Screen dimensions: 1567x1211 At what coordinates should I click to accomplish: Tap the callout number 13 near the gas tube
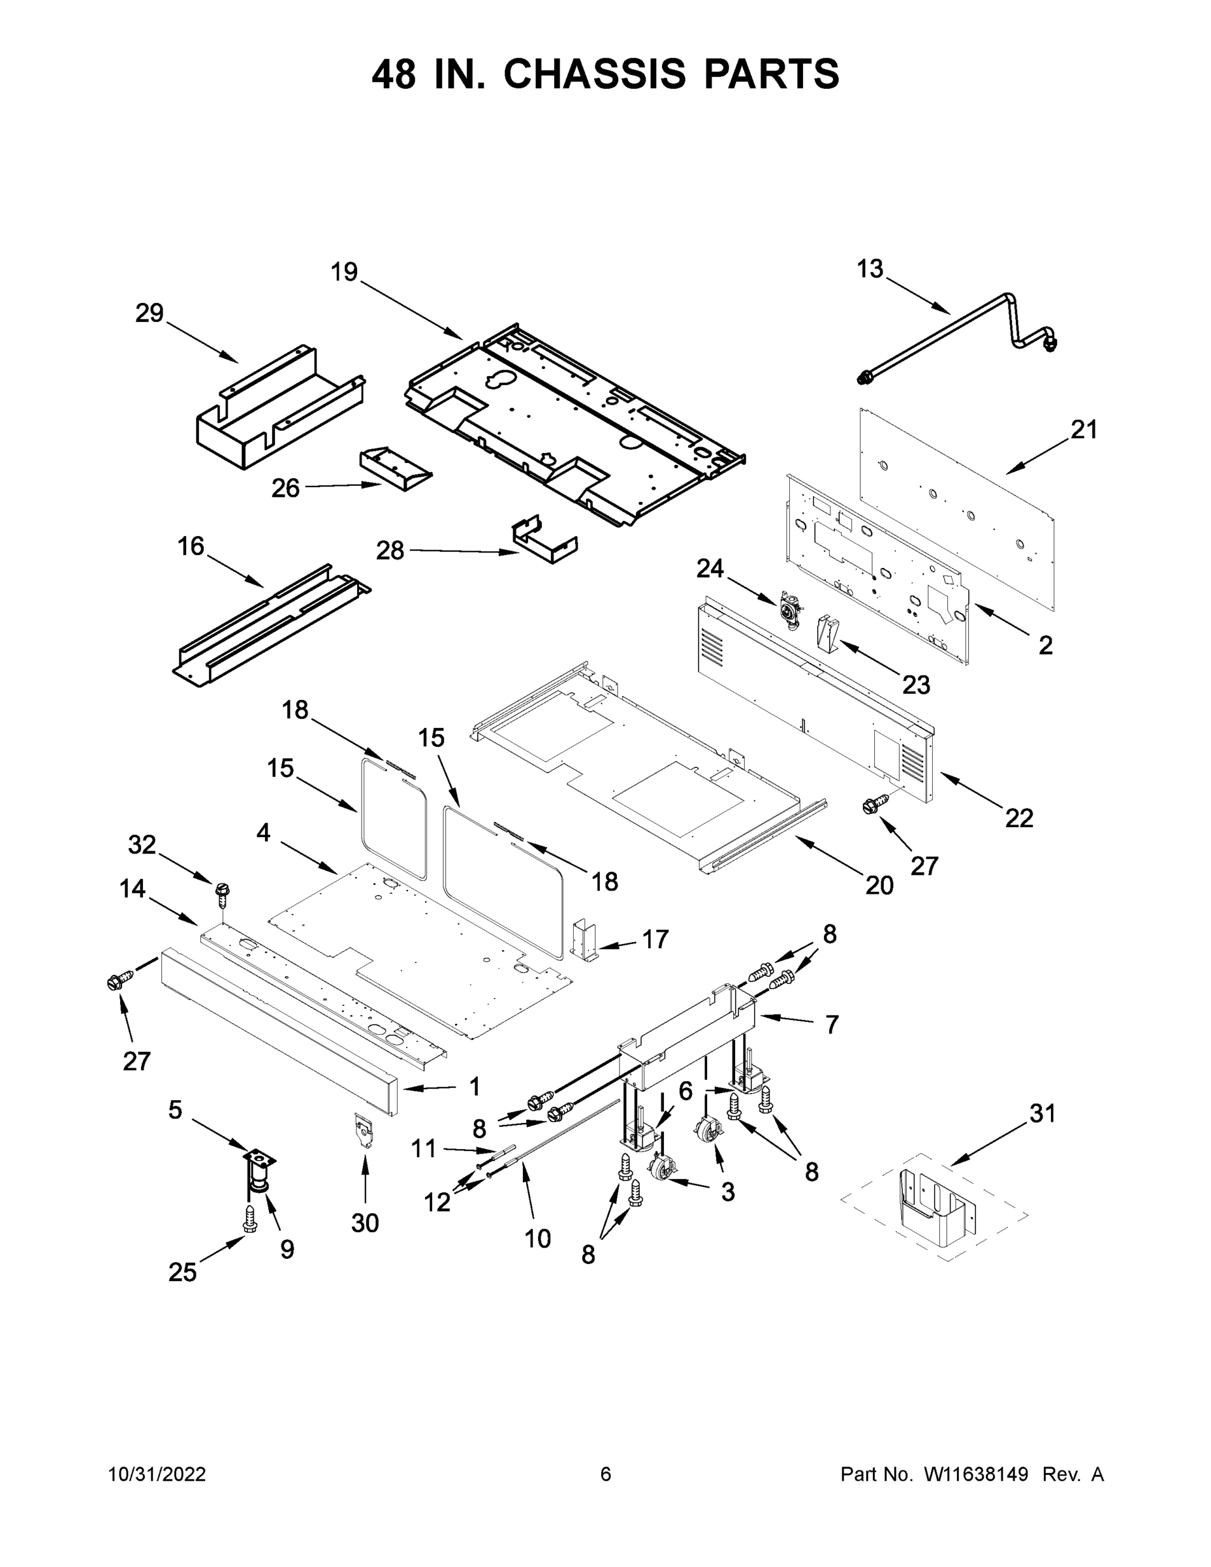(870, 269)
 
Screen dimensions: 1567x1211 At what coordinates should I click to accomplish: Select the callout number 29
(149, 313)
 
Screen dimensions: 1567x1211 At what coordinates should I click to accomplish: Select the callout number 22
(1018, 817)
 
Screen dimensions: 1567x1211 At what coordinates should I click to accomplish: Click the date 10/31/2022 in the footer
(157, 1474)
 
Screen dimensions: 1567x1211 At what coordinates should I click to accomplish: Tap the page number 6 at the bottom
(606, 1474)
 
